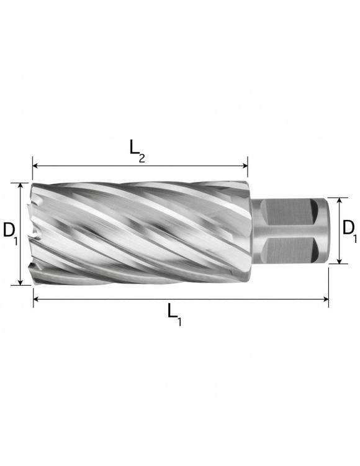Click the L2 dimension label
(137, 148)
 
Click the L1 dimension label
(174, 315)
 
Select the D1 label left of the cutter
(9, 232)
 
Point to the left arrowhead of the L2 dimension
(35, 166)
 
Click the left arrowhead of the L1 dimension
(35, 299)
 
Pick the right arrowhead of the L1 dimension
(325, 299)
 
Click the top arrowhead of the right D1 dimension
(338, 201)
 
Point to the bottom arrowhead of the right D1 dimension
(338, 261)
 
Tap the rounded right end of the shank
(322, 231)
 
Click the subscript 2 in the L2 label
(142, 158)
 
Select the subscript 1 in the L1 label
(180, 322)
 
